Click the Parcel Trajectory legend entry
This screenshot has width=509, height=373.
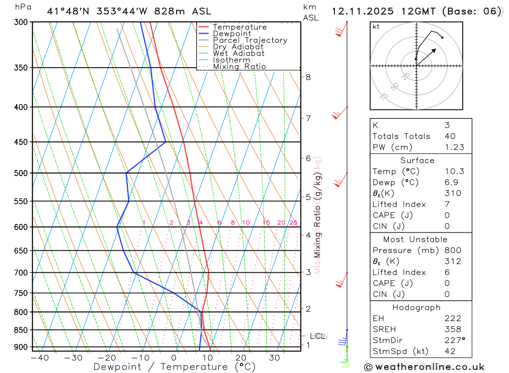pos(250,40)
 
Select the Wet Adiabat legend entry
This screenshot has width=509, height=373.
pos(239,53)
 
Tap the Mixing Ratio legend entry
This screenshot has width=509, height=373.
pos(239,67)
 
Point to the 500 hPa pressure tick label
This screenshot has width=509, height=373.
pos(21,173)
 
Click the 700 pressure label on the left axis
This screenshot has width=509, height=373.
pos(21,273)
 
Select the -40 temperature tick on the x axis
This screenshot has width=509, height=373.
pos(39,358)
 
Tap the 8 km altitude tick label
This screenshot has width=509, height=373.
pos(308,77)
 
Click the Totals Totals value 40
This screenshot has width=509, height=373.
pos(449,136)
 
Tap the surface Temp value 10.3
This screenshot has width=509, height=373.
pos(454,171)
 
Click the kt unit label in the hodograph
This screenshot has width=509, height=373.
pos(376,26)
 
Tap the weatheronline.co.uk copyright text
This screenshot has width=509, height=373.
pos(424,366)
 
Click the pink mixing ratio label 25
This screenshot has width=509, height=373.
pos(293,223)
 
